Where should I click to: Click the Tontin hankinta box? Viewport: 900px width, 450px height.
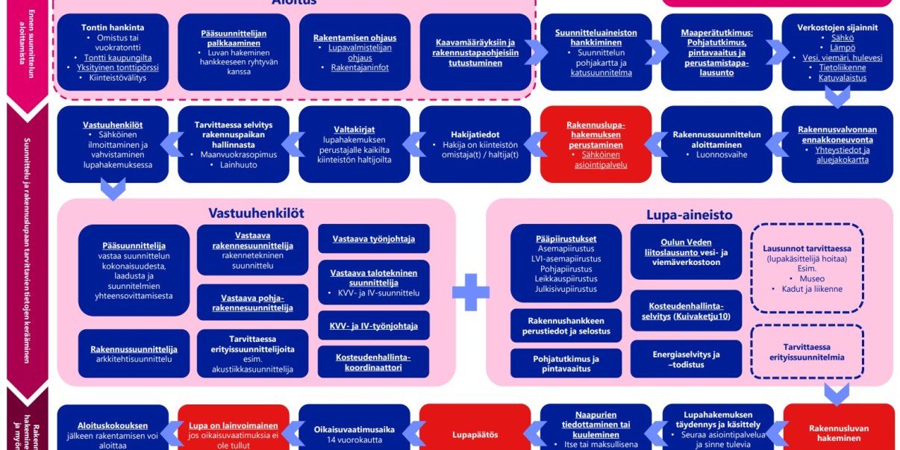(x=113, y=51)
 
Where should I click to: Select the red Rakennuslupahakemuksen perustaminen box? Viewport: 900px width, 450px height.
(x=596, y=144)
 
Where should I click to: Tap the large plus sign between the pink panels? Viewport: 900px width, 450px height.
(x=471, y=292)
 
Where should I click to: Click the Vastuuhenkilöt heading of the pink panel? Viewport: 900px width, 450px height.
(x=256, y=213)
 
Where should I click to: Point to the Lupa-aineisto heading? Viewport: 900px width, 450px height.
(x=689, y=215)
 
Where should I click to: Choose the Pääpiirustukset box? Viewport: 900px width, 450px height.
(x=566, y=263)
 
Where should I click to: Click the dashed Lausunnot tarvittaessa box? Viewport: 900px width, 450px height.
(x=807, y=268)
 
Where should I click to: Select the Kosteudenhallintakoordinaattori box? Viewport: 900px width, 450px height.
(x=373, y=361)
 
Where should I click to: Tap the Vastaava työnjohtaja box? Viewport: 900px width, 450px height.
(x=373, y=239)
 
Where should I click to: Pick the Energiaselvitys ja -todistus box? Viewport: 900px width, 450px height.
(x=686, y=359)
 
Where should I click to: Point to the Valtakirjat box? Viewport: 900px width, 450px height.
(x=354, y=144)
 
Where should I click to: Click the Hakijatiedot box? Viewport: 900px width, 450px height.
(x=475, y=144)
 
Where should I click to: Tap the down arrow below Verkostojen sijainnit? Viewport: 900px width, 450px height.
(x=837, y=98)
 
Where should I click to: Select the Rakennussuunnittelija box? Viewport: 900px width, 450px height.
(x=134, y=353)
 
